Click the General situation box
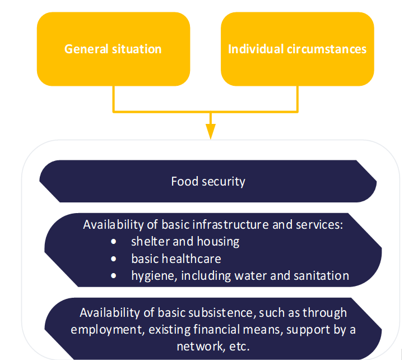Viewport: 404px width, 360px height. [113, 49]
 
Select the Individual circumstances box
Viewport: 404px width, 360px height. [297, 49]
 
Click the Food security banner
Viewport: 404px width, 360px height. [208, 181]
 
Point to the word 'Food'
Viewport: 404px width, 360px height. [183, 182]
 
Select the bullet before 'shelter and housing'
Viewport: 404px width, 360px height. [114, 242]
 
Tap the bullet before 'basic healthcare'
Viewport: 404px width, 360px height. [114, 259]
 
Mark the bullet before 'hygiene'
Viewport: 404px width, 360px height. [114, 276]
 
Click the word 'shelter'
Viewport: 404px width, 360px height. [148, 242]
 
